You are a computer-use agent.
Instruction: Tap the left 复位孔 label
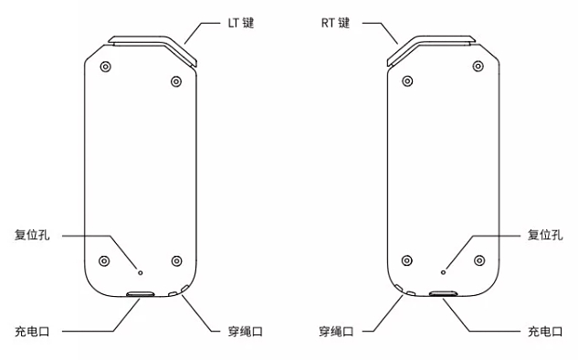tap(32, 235)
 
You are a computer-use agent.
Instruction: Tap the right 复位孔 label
tap(546, 235)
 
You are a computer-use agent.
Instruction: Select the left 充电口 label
tap(32, 331)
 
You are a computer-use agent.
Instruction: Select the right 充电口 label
tap(546, 331)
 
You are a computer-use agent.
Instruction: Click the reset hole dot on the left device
tap(140, 270)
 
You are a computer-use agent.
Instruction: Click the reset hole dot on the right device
tap(443, 270)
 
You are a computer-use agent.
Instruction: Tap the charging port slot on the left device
tap(142, 294)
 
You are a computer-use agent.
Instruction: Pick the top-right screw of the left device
tap(176, 81)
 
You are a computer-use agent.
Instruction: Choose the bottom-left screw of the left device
tap(104, 259)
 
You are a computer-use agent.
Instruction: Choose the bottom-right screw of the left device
tap(177, 259)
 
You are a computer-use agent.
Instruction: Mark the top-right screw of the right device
tap(477, 67)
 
